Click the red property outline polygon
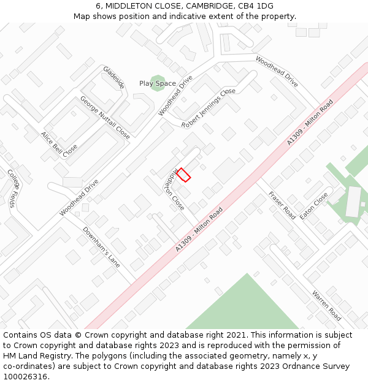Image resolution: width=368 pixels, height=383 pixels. click(183, 175)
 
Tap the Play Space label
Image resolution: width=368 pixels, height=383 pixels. click(157, 83)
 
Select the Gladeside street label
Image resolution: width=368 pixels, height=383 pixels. click(114, 77)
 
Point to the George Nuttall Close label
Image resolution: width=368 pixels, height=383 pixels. click(105, 117)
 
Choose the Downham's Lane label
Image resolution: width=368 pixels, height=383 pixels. click(101, 247)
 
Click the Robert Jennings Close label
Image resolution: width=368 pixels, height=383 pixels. click(209, 108)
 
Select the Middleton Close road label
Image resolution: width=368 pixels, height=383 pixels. click(174, 189)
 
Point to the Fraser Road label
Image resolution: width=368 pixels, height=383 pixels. click(282, 205)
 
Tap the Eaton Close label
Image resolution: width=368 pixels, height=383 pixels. click(314, 207)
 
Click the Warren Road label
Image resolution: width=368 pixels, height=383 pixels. click(326, 305)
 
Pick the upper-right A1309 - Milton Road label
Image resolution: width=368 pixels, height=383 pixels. click(310, 122)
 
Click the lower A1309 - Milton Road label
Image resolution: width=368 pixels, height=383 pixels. click(199, 229)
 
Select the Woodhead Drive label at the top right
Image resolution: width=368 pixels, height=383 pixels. click(277, 72)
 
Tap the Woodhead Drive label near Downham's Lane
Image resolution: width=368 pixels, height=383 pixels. click(79, 197)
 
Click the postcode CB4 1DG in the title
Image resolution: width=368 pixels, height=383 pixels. click(257, 6)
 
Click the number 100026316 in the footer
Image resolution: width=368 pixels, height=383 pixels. click(26, 376)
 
